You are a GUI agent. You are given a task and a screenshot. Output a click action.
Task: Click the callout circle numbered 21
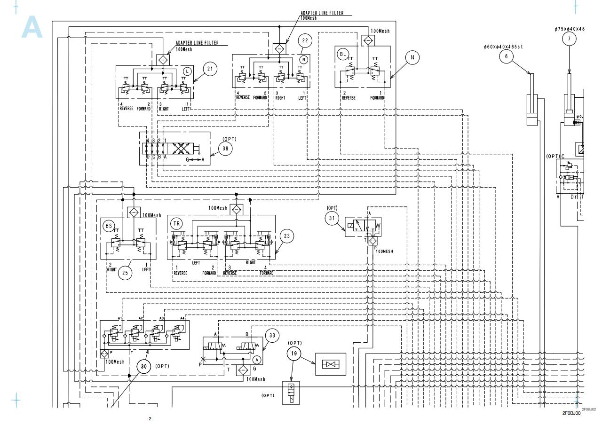210,69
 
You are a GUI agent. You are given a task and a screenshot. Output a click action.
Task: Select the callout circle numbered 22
305,40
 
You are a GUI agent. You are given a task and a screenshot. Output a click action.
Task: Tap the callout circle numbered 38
225,149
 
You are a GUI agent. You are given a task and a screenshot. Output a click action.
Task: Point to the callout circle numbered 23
287,236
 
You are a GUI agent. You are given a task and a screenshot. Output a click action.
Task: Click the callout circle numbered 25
125,273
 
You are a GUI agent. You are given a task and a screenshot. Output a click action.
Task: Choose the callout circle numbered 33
272,336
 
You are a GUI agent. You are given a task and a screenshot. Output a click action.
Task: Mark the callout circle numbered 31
332,218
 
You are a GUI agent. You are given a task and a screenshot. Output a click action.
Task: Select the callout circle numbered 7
569,39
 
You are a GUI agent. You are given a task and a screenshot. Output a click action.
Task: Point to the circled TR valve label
176,224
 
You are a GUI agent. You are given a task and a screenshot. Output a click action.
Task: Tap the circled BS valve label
109,226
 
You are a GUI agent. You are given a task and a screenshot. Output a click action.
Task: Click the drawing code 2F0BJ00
571,413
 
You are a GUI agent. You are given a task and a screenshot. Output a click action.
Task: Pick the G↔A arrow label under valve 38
195,160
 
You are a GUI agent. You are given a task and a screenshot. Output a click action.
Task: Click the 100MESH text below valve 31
385,251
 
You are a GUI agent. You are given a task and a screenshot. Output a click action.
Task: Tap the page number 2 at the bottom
150,418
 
